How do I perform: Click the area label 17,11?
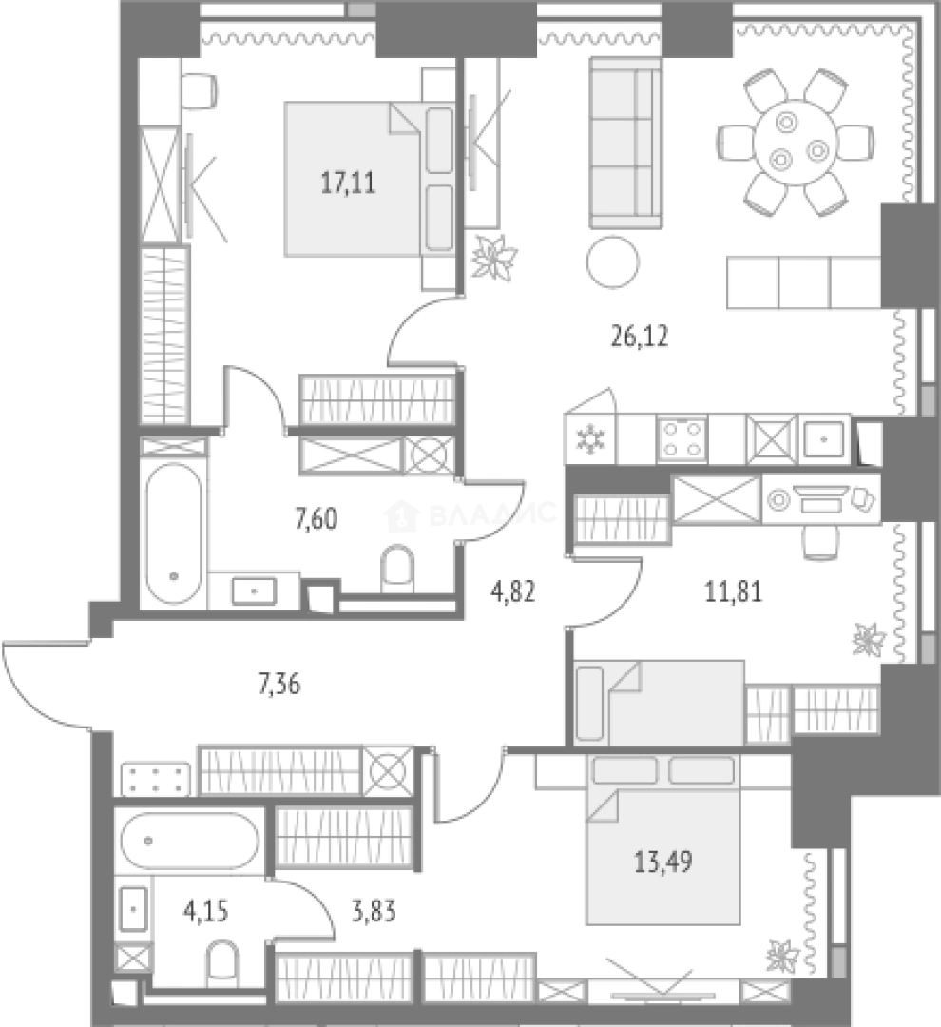click(x=349, y=183)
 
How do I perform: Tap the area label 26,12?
click(x=639, y=337)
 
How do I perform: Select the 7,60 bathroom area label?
click(x=317, y=519)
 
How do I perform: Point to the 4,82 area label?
click(x=513, y=591)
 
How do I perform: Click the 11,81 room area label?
click(x=734, y=592)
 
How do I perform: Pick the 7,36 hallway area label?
click(x=279, y=685)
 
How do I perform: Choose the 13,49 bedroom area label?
click(x=663, y=862)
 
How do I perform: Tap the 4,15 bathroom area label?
click(x=206, y=911)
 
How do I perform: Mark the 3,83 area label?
click(x=374, y=911)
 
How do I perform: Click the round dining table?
click(x=796, y=143)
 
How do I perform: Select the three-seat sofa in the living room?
click(x=625, y=143)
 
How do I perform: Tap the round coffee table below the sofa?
click(x=612, y=262)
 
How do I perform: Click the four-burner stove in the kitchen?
click(x=682, y=438)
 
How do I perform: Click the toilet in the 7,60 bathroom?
click(x=397, y=567)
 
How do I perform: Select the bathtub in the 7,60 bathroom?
click(x=173, y=533)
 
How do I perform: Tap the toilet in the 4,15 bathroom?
click(x=222, y=962)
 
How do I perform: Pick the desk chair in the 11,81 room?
click(x=820, y=541)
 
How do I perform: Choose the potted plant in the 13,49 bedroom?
click(x=783, y=956)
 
